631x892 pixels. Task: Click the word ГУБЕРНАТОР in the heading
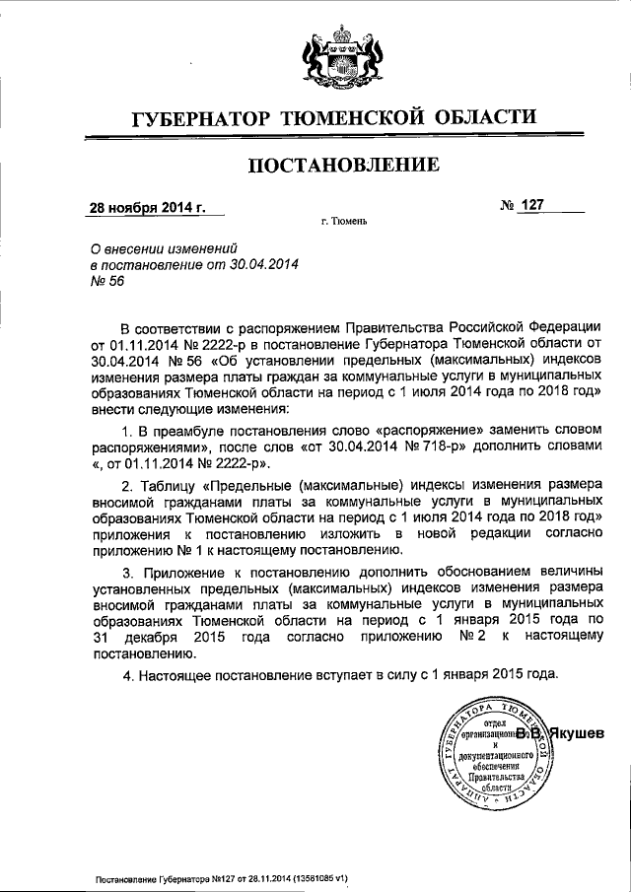click(x=202, y=121)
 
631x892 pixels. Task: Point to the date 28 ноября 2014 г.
click(x=147, y=208)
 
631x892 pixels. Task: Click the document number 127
click(x=533, y=205)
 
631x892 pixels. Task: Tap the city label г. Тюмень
click(x=343, y=222)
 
